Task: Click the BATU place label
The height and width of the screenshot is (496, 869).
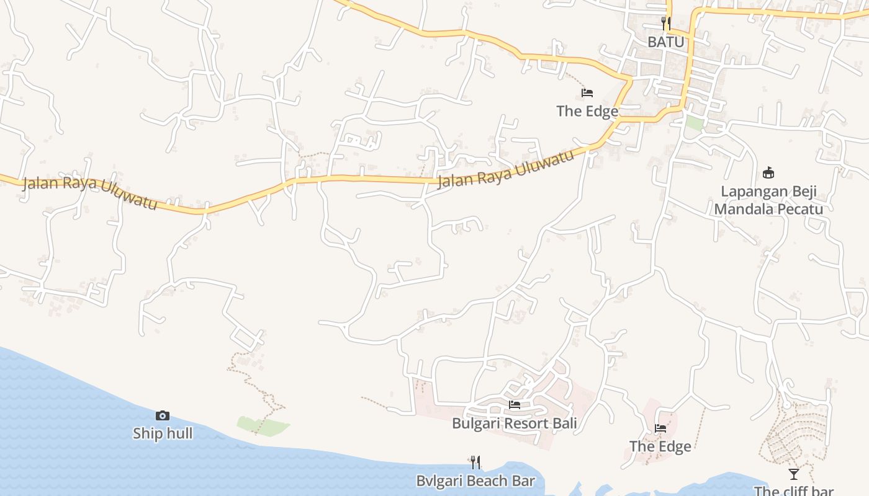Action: point(666,42)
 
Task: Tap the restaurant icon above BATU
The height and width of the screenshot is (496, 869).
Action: point(666,24)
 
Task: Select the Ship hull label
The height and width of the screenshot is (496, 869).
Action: point(163,433)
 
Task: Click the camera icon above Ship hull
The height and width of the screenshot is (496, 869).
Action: point(163,415)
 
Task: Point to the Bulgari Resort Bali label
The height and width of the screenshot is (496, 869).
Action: point(515,423)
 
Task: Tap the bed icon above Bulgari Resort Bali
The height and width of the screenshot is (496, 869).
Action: point(515,405)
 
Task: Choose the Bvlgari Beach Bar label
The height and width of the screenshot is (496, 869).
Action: point(475,480)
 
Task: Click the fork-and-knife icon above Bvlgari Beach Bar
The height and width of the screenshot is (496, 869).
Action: point(475,462)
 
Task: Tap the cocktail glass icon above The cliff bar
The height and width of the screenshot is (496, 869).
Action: point(794,474)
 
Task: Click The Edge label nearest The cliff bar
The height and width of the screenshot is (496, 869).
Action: point(660,446)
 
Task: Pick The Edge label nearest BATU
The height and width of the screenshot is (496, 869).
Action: point(587,111)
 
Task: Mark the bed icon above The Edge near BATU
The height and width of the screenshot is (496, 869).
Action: point(587,93)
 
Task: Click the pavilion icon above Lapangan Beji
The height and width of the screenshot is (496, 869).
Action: point(768,172)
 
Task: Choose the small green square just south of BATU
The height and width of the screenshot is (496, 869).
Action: point(694,123)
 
